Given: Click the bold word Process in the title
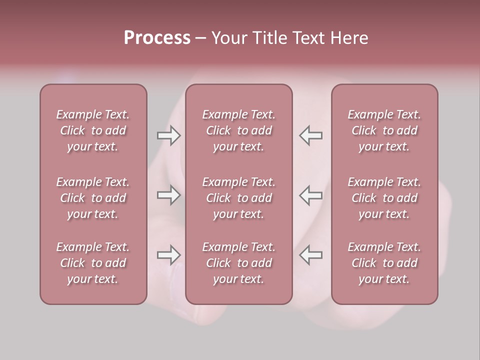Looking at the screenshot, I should pyautogui.click(x=157, y=38).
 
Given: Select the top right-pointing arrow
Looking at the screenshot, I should pyautogui.click(x=168, y=135).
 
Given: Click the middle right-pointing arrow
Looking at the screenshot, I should pyautogui.click(x=168, y=195).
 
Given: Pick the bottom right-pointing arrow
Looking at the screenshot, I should pyautogui.click(x=168, y=255).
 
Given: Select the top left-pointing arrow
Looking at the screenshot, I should pyautogui.click(x=310, y=135).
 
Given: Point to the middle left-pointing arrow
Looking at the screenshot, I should pyautogui.click(x=310, y=195).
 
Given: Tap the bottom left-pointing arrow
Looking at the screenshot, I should pyautogui.click(x=310, y=255).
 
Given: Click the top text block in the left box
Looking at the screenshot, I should pyautogui.click(x=93, y=130).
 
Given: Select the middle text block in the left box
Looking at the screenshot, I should pyautogui.click(x=93, y=198).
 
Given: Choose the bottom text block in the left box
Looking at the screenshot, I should pyautogui.click(x=93, y=263).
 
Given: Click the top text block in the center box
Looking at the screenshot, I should pyautogui.click(x=238, y=130).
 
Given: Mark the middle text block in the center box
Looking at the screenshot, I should pyautogui.click(x=238, y=198).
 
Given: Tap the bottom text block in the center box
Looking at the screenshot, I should pyautogui.click(x=238, y=263).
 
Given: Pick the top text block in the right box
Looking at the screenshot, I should pyautogui.click(x=384, y=130).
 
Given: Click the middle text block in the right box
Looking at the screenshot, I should pyautogui.click(x=384, y=198).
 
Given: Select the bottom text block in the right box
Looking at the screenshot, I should pyautogui.click(x=384, y=263).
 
